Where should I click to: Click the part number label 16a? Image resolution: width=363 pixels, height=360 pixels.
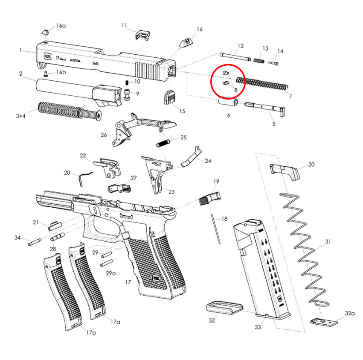point(61,26)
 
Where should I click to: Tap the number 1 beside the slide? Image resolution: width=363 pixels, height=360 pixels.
point(21,50)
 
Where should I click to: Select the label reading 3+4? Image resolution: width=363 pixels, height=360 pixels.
point(20,116)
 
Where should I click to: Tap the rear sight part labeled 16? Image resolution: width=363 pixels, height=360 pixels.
point(186,43)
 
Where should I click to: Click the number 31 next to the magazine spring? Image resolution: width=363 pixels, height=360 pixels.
point(327,242)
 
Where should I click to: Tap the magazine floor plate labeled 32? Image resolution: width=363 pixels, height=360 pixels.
point(224,307)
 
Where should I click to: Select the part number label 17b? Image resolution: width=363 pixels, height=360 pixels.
point(91,332)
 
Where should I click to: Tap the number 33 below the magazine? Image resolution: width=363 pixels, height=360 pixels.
point(258,327)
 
